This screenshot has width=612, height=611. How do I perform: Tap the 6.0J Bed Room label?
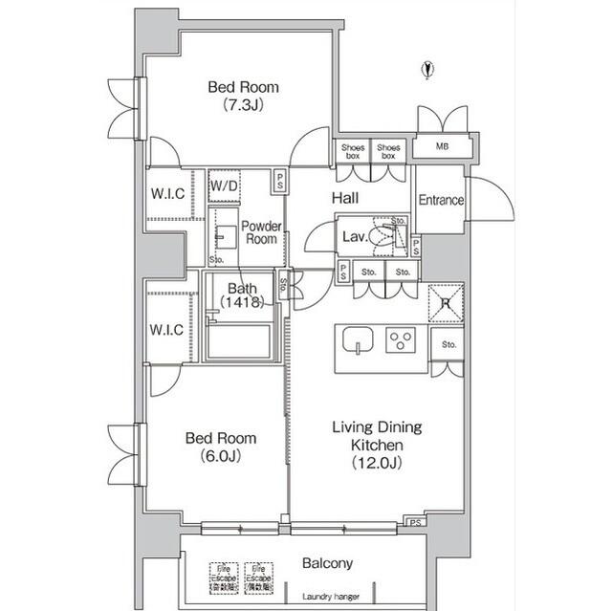click(x=220, y=447)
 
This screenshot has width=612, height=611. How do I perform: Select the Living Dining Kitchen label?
click(x=376, y=445)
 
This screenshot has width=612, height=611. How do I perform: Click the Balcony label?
click(x=328, y=563)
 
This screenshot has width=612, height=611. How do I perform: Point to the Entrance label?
click(x=441, y=201)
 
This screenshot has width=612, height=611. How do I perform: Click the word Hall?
click(x=345, y=198)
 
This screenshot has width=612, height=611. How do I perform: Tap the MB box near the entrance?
click(x=442, y=147)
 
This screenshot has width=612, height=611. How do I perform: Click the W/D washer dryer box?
click(x=224, y=185)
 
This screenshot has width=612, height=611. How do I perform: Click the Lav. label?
click(x=351, y=237)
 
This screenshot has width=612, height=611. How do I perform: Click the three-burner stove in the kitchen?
click(x=402, y=339)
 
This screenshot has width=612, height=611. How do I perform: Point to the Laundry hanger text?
click(x=328, y=597)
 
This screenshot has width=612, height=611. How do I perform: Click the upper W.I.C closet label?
click(x=167, y=194)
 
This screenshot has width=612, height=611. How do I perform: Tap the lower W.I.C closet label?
click(x=167, y=331)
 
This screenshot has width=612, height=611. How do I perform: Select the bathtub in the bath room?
click(x=238, y=340)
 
